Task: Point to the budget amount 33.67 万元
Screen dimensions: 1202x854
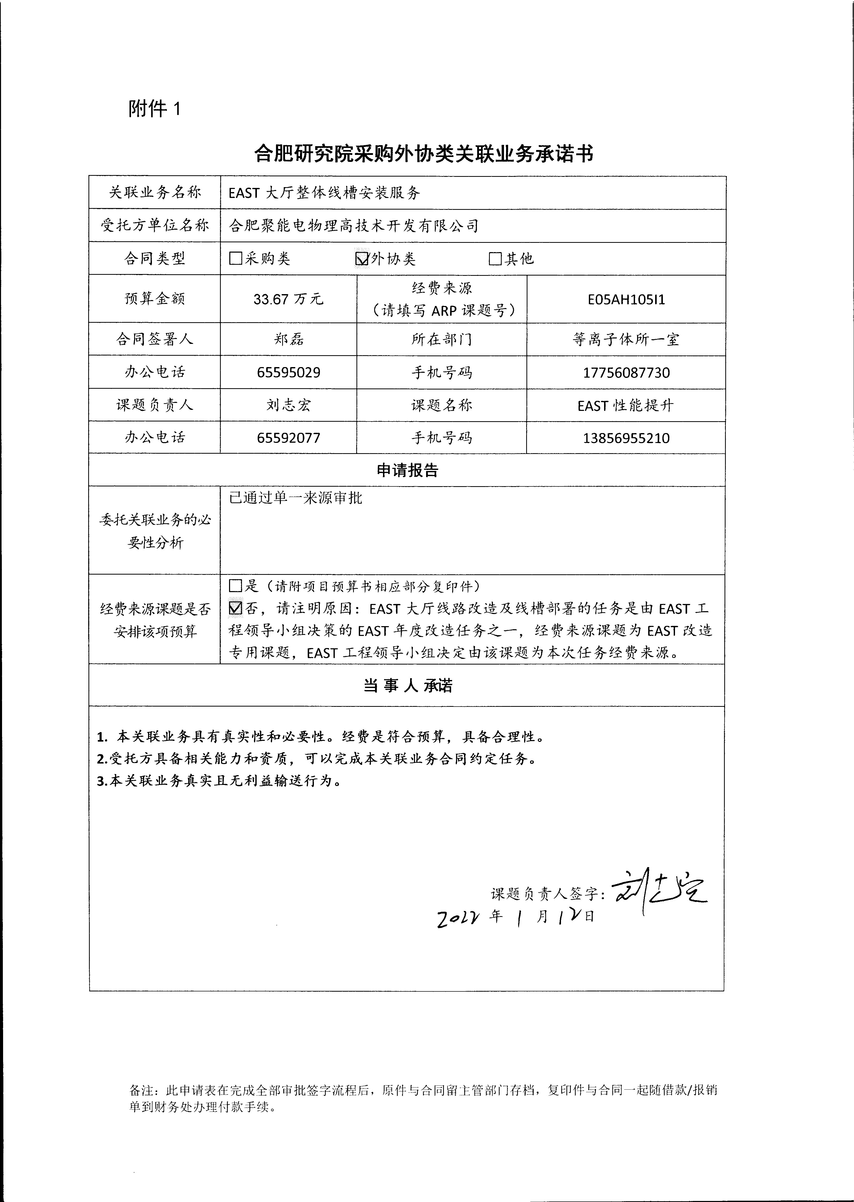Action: [288, 299]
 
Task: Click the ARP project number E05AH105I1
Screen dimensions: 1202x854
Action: [626, 299]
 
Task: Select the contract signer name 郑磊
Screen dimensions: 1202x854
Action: [288, 339]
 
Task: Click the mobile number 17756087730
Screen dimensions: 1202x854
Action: [626, 373]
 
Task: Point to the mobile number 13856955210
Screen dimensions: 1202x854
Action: [626, 438]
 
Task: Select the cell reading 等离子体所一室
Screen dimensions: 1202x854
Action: [626, 339]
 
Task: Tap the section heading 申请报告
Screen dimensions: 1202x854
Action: [407, 470]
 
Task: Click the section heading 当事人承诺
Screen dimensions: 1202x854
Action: [407, 685]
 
